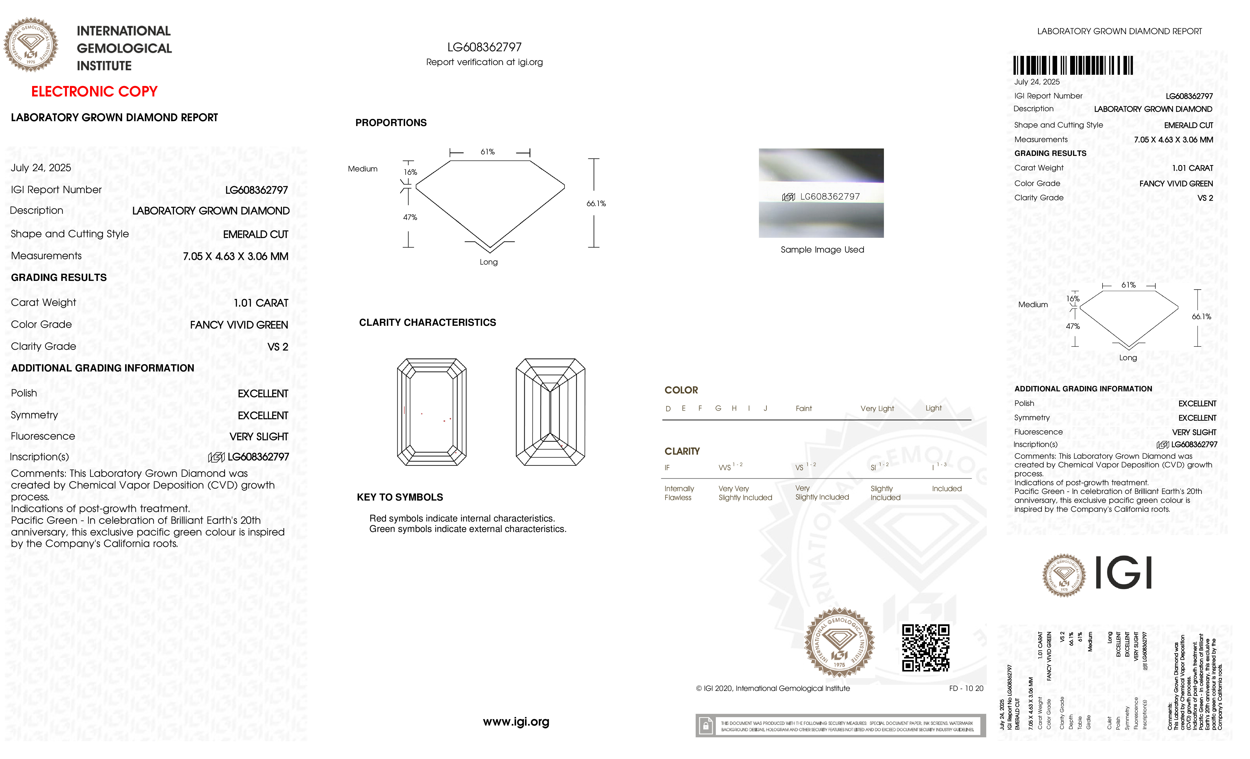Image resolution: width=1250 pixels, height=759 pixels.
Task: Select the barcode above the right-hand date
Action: [1073, 66]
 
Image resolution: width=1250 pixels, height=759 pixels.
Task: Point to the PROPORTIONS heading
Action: [391, 123]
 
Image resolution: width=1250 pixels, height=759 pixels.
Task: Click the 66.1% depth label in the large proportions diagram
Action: [596, 203]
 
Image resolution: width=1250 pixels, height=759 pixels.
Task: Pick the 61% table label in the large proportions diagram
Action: [487, 152]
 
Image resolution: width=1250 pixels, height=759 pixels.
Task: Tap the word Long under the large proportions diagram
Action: [489, 262]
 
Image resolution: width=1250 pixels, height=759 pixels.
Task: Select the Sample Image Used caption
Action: [822, 250]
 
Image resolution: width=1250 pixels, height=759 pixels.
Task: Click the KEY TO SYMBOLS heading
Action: [400, 497]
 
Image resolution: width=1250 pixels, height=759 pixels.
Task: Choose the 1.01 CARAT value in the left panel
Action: [261, 303]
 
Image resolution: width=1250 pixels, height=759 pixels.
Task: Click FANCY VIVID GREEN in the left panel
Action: [239, 325]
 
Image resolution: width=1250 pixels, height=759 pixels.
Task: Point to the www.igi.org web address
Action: [516, 721]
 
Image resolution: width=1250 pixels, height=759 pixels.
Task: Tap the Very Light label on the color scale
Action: [877, 408]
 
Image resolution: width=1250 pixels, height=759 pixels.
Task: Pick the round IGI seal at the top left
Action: [31, 45]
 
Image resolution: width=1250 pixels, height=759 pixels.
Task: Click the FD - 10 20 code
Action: [966, 689]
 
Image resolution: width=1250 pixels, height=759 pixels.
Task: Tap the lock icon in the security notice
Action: [705, 726]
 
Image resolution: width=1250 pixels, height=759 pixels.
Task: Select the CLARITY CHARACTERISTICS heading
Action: [427, 323]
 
